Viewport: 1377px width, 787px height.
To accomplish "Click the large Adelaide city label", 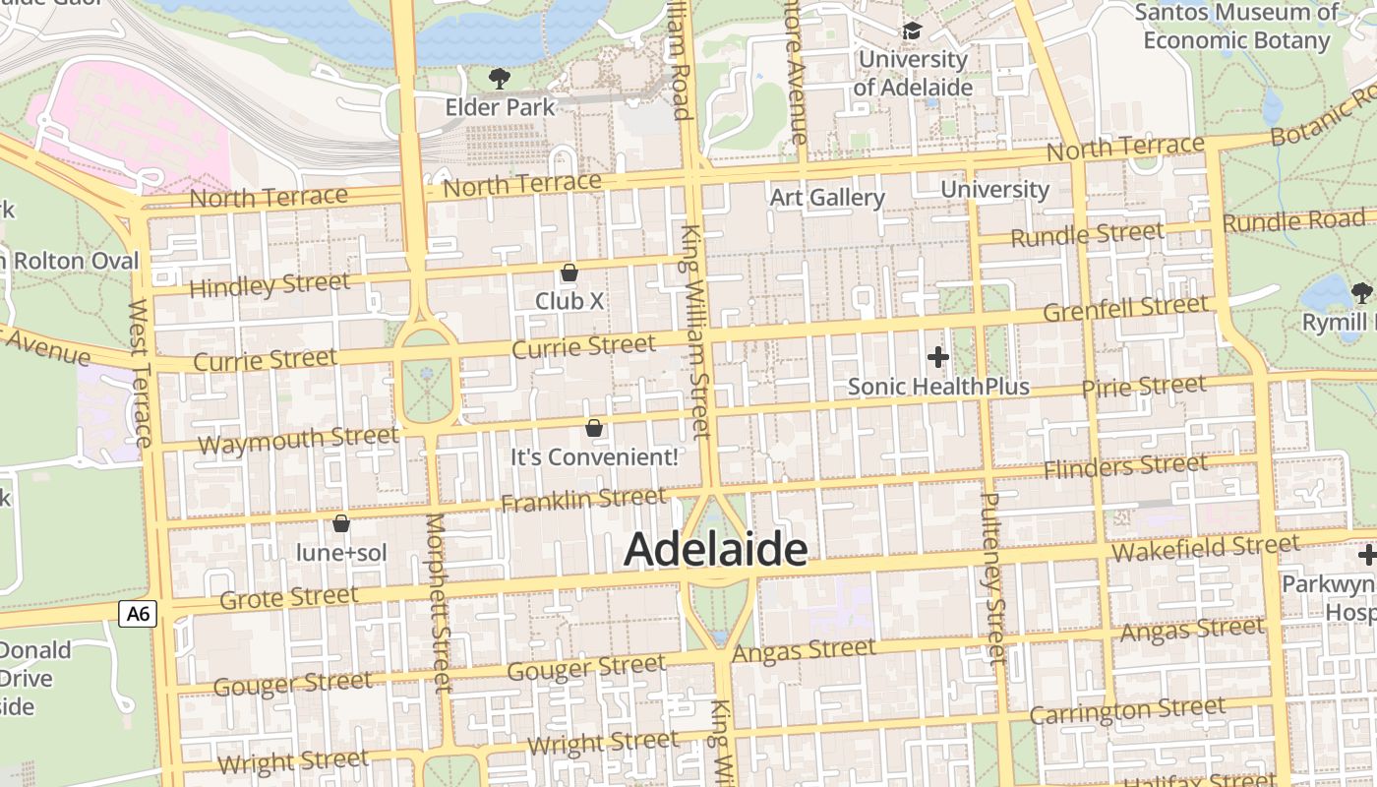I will click(x=715, y=549).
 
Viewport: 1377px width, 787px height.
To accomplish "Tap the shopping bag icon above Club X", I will click(x=569, y=272).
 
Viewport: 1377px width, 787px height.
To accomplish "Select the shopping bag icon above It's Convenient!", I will click(x=594, y=428).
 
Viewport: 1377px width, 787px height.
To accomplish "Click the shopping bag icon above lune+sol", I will click(x=341, y=523).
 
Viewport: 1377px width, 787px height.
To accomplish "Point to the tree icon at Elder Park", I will click(x=500, y=78).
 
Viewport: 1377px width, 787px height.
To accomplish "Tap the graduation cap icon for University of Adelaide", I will click(x=912, y=31).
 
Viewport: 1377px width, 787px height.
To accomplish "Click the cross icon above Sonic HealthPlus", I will click(x=938, y=356).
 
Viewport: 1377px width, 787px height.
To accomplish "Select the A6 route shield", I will click(x=138, y=614).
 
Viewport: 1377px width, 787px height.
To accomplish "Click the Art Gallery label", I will click(x=827, y=198).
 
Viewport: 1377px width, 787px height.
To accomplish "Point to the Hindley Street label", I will click(x=269, y=285).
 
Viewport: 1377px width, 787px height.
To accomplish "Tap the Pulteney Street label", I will click(x=992, y=577).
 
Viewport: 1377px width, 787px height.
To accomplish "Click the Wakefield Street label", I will click(x=1204, y=547).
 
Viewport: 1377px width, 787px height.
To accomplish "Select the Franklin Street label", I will click(x=583, y=500).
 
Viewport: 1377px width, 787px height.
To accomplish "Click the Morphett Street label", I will click(x=439, y=602).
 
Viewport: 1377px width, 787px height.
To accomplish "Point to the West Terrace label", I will click(x=140, y=374).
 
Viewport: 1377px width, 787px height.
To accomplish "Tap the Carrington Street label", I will click(x=1127, y=710).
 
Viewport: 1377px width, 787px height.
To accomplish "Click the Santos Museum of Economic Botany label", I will click(x=1235, y=27).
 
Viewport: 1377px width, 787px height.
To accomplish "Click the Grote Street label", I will click(x=288, y=597).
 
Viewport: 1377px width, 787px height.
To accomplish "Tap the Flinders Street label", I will click(x=1125, y=466).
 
